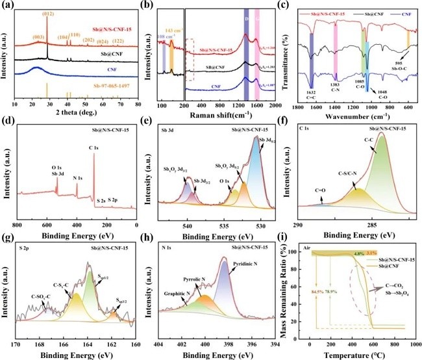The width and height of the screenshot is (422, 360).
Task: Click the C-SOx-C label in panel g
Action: [34, 290]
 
